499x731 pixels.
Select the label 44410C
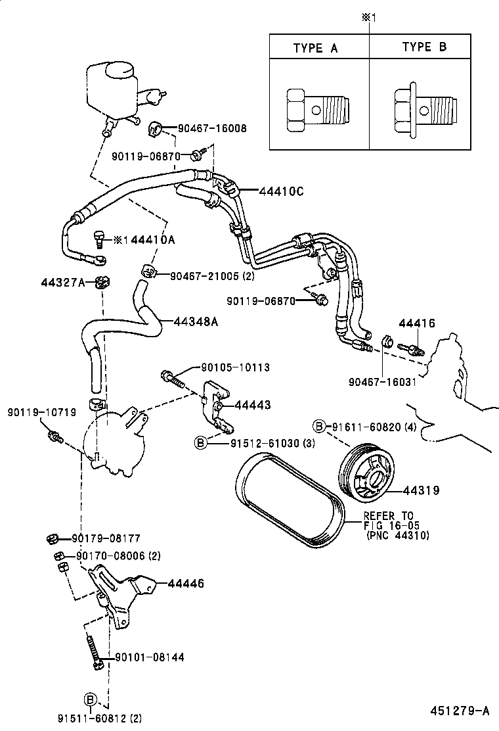(281, 191)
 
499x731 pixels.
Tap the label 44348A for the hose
(196, 321)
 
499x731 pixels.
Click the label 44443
(253, 405)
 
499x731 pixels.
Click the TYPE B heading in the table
(424, 47)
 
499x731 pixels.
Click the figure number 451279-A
(460, 711)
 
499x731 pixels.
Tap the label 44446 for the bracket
(186, 583)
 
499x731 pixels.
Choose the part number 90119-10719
(42, 413)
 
